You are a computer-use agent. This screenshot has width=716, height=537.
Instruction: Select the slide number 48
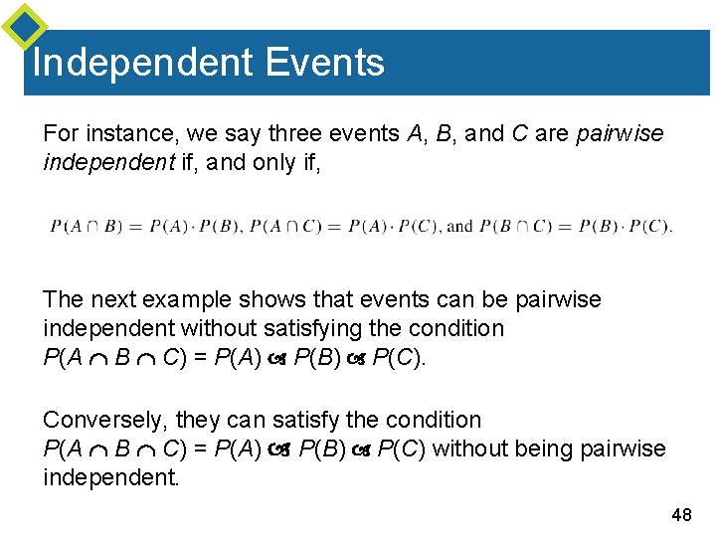coord(681,514)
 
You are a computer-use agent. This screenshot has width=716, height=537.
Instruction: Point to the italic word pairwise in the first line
coord(620,133)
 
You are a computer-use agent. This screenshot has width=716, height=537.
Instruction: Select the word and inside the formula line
coord(459,227)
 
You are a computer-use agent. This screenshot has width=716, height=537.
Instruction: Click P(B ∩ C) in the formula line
coord(516,227)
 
